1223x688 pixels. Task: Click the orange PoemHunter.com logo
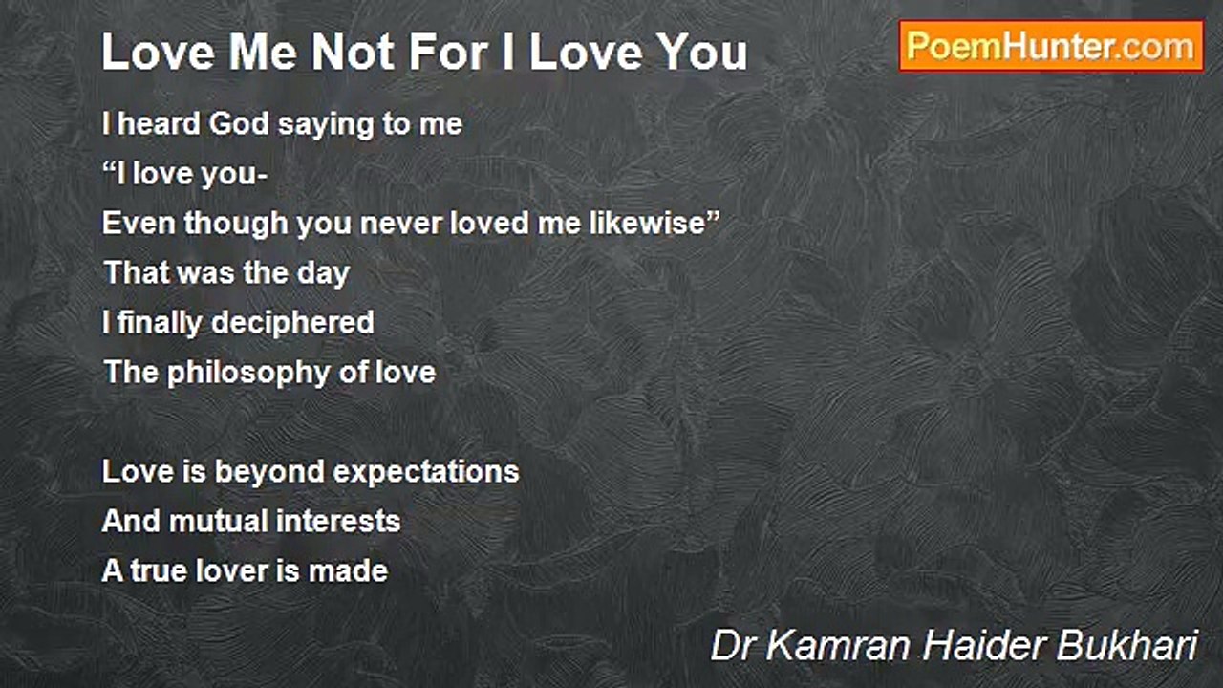[x=1051, y=47]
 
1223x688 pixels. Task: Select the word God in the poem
[x=239, y=123]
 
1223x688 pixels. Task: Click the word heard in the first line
[x=159, y=123]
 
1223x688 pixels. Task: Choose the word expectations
[x=426, y=473]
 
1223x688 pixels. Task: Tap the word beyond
[x=269, y=473]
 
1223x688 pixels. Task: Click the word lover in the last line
[x=232, y=570]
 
